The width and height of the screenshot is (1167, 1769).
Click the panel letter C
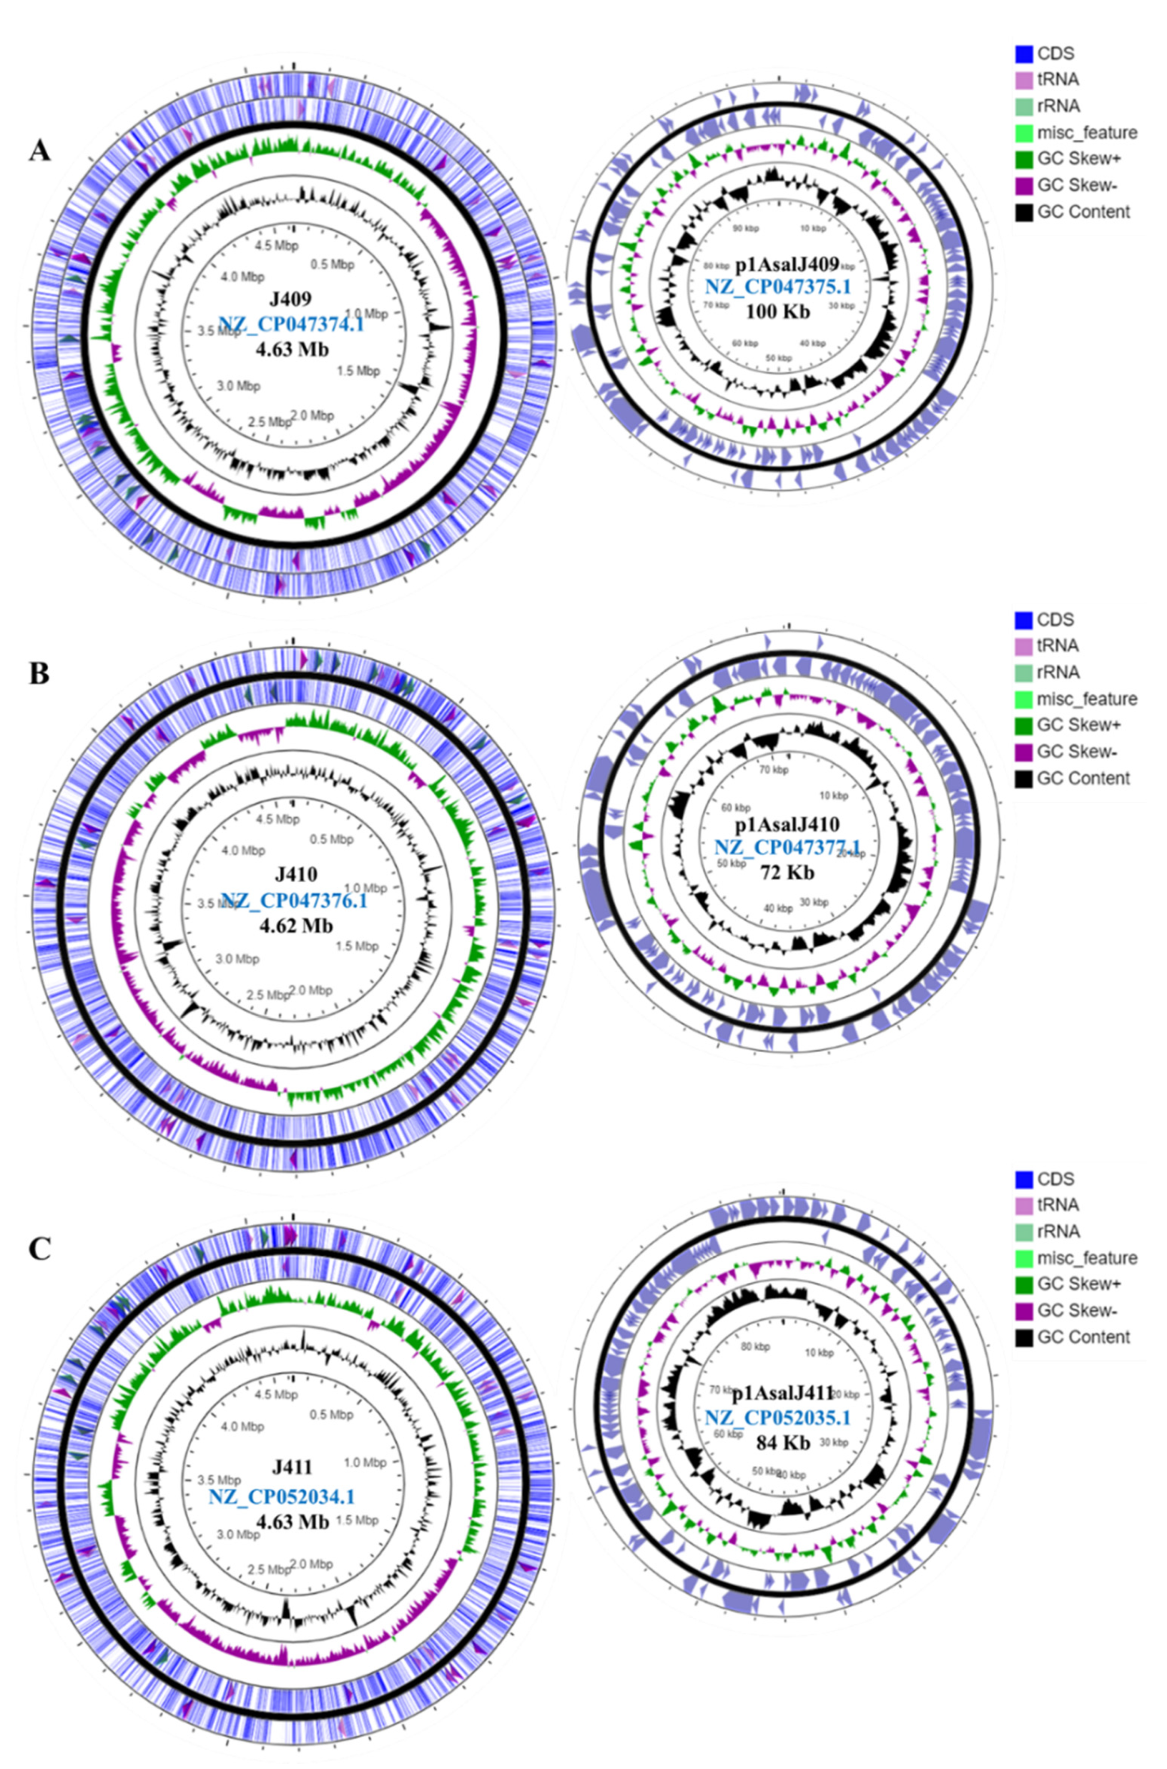click(x=39, y=1249)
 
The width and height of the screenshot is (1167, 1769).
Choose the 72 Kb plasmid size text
click(x=788, y=872)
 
